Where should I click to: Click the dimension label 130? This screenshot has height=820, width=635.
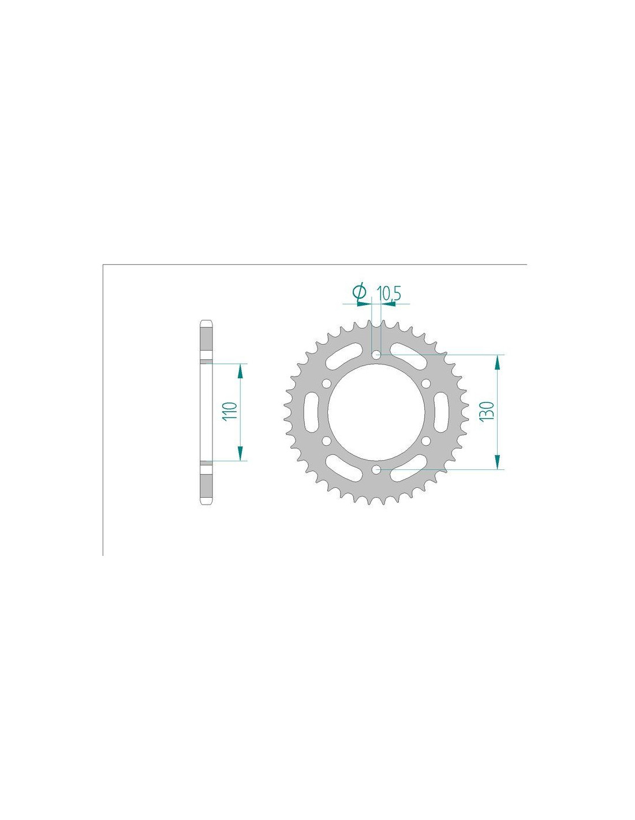[487, 411]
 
